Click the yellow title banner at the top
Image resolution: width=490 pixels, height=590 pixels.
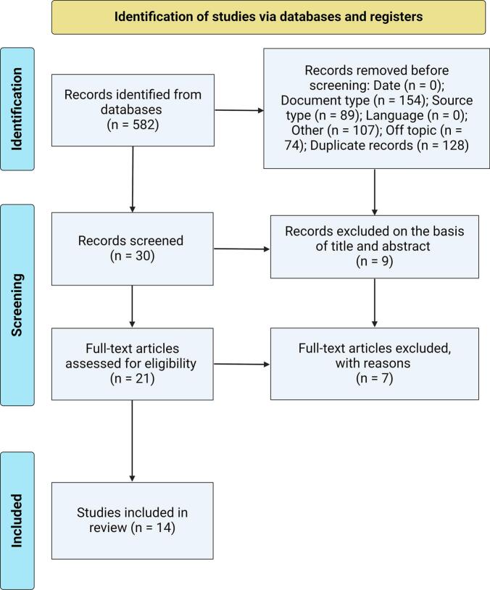click(x=268, y=17)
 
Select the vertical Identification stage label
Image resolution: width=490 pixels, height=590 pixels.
click(x=17, y=109)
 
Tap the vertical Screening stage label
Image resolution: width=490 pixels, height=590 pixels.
click(x=17, y=304)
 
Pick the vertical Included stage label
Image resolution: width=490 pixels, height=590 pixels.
click(x=17, y=520)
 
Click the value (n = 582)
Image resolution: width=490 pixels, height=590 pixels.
click(x=133, y=125)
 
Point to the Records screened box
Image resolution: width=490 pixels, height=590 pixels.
click(x=133, y=249)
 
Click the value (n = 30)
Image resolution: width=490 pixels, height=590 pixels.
click(x=133, y=256)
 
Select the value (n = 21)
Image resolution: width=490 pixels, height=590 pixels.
click(x=133, y=378)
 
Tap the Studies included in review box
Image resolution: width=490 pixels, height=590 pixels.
click(x=133, y=520)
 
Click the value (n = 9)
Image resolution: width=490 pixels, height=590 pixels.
click(x=375, y=261)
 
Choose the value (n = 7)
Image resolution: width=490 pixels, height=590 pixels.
click(x=375, y=378)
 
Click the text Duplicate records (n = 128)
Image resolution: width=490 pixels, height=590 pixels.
click(x=389, y=145)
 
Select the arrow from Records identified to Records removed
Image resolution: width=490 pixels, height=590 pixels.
click(x=239, y=110)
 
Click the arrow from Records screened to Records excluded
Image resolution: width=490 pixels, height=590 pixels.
click(x=241, y=249)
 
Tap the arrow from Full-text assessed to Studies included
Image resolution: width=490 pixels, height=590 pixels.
click(x=132, y=441)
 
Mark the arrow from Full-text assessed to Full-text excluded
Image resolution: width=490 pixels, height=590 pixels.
click(x=241, y=365)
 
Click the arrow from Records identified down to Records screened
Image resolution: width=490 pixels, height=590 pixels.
click(x=133, y=179)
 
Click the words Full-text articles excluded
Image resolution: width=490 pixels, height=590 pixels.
click(x=375, y=348)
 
